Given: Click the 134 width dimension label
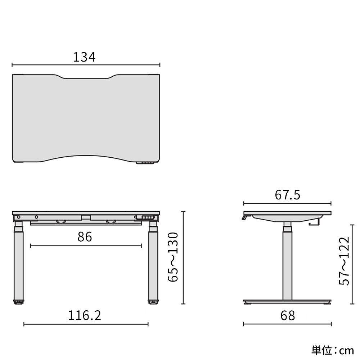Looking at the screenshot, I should pos(84,57).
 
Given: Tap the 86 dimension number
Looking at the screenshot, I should pos(85,237).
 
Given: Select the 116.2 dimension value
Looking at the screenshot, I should pos(85,315).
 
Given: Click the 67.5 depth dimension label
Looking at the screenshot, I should pos(287,195).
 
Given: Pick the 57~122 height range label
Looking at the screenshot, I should pos(345,261).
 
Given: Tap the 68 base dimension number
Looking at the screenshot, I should pos(287,315).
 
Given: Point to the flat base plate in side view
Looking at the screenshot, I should pos(287,301).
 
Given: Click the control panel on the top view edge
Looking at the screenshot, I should pos(145,163).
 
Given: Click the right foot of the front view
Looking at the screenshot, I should pos(153,302).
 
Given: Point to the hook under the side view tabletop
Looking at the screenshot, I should pos(314,223).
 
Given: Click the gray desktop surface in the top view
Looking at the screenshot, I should pos(86,119).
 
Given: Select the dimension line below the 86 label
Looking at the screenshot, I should pos(86,246).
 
